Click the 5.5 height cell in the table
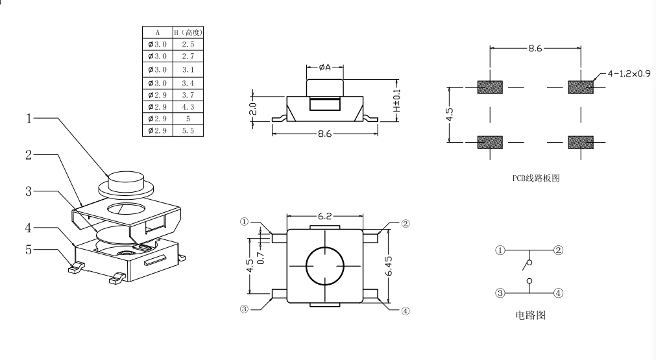tap(188, 130)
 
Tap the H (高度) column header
tap(188, 32)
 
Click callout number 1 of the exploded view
tap(29, 119)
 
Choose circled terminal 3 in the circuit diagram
tap(500, 293)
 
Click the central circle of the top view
tap(324, 267)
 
